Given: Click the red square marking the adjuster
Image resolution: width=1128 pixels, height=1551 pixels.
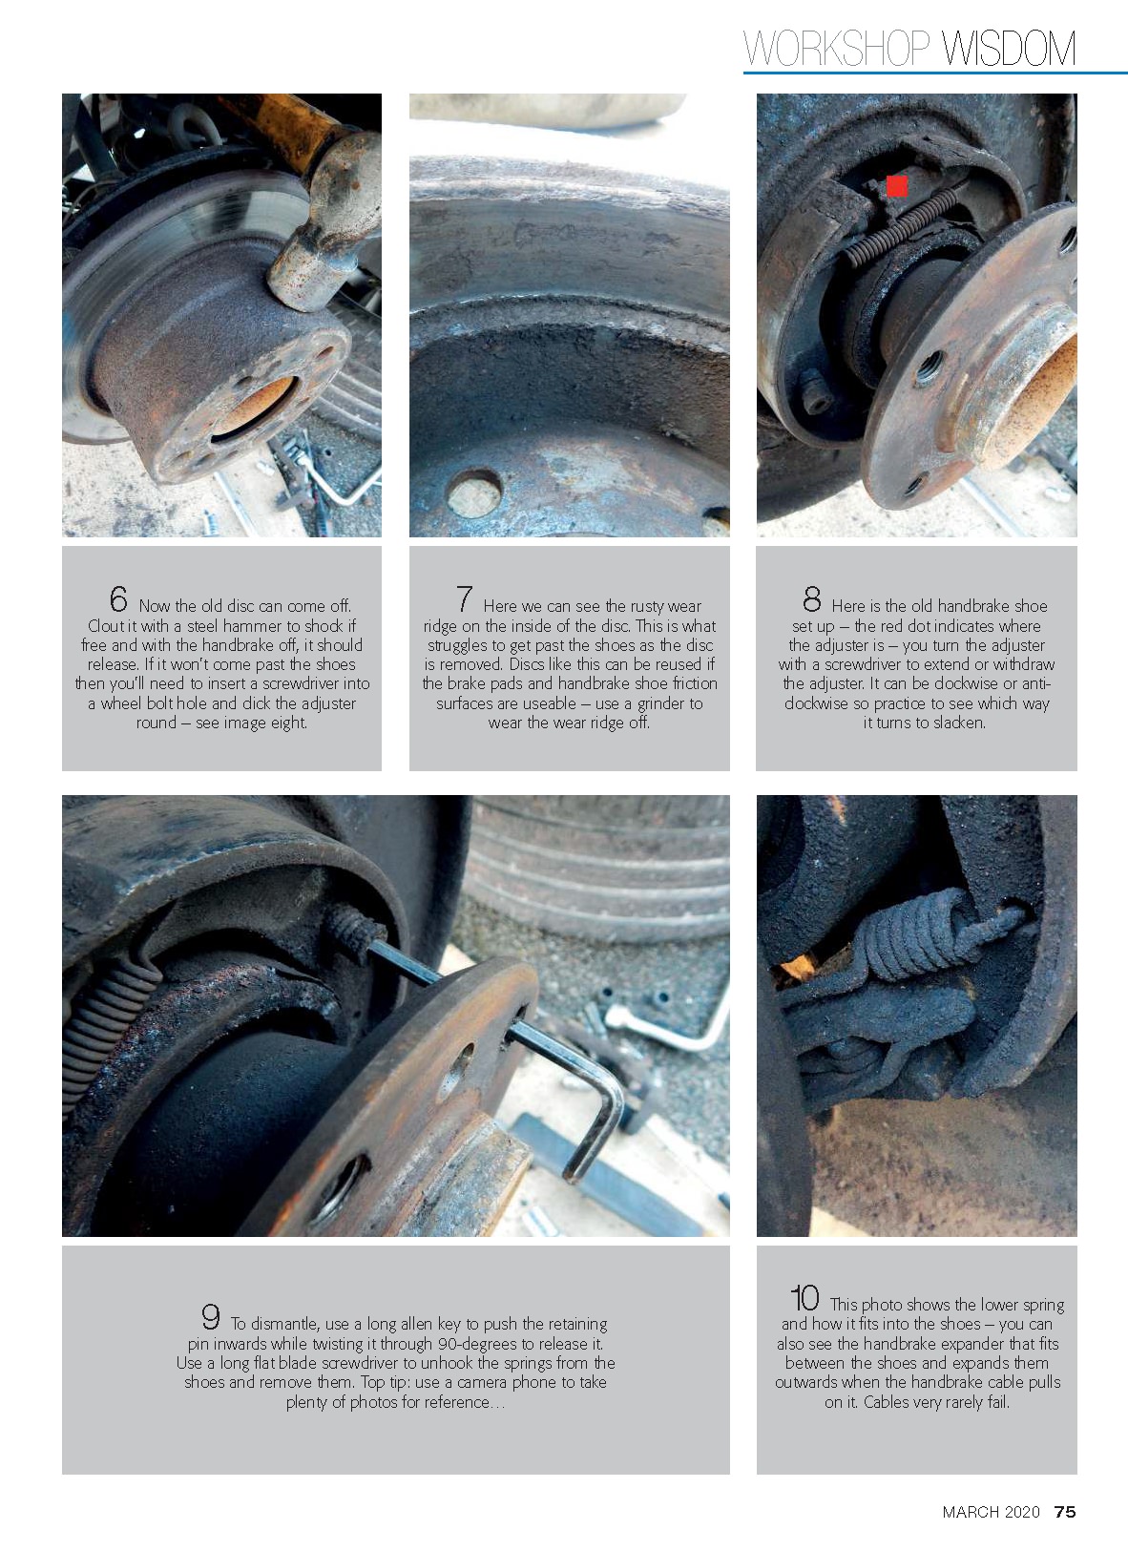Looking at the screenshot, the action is click(897, 186).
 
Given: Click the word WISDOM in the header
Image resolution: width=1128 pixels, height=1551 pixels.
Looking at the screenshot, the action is click(1008, 49).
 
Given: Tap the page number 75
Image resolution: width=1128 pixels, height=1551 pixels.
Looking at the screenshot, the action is click(1065, 1512).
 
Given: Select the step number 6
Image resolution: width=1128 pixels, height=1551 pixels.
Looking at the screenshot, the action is click(118, 599).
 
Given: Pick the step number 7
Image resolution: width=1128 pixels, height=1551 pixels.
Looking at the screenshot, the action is click(465, 599).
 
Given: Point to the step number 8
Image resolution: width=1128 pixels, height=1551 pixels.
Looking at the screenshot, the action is click(812, 599).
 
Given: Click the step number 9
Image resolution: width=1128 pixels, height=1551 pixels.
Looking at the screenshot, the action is click(211, 1317).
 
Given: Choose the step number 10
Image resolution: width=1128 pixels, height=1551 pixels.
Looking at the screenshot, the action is click(804, 1297).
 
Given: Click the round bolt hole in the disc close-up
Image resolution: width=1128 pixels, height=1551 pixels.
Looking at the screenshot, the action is click(473, 493).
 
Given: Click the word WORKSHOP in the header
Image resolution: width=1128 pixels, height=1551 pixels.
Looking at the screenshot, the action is click(837, 49).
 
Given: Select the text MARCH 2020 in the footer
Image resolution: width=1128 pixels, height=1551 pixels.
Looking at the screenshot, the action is click(991, 1512).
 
